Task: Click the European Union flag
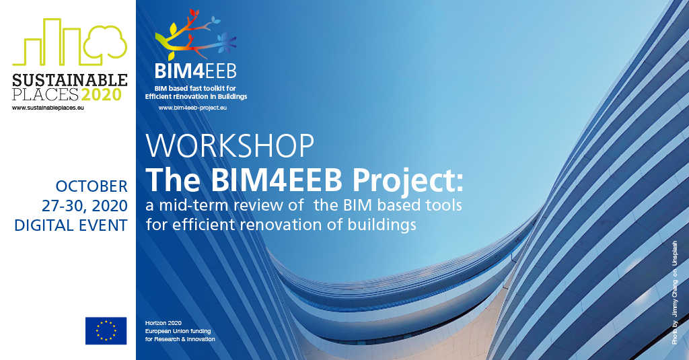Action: [106, 330]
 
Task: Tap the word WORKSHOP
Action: [230, 146]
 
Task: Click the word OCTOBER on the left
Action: [92, 186]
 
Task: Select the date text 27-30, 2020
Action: [85, 206]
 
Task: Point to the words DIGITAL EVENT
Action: [71, 225]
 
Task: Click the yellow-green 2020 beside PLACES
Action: [102, 94]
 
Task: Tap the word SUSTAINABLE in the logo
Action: [70, 80]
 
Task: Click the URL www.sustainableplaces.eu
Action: [48, 108]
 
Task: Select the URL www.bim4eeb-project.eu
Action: [192, 108]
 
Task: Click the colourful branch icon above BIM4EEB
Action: [196, 34]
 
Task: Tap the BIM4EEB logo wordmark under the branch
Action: [196, 71]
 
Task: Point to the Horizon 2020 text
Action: [164, 323]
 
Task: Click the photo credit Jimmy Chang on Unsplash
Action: [674, 293]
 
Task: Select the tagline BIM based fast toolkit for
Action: [195, 88]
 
